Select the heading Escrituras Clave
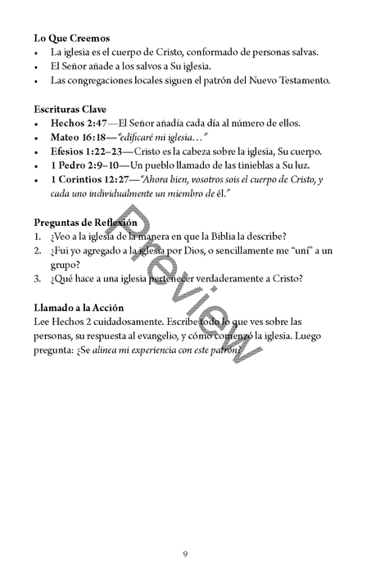tap(70, 108)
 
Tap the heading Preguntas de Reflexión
tap(86, 222)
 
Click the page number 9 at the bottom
tap(185, 556)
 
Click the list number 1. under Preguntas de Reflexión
tap(38, 237)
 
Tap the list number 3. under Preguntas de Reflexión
tap(38, 278)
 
